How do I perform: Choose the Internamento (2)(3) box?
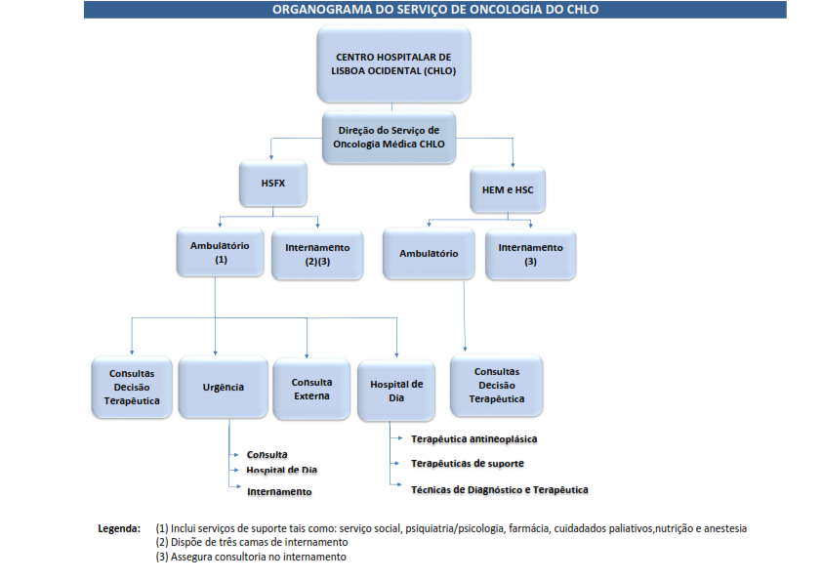(x=317, y=254)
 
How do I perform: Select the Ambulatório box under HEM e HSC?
(x=429, y=253)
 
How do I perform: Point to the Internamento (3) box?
(x=530, y=254)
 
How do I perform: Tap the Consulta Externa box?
(x=311, y=389)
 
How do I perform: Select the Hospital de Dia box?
(x=396, y=391)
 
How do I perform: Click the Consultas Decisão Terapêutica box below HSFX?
(x=132, y=388)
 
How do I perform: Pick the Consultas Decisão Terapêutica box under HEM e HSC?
(x=497, y=385)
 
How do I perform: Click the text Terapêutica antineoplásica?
(x=474, y=439)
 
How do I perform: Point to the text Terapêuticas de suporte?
(x=468, y=463)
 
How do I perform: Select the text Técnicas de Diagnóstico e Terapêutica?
(x=499, y=489)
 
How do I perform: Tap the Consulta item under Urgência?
(x=267, y=455)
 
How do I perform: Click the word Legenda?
(x=119, y=528)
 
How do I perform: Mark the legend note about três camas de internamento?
(x=252, y=542)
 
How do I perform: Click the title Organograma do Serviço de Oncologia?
(x=434, y=10)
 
